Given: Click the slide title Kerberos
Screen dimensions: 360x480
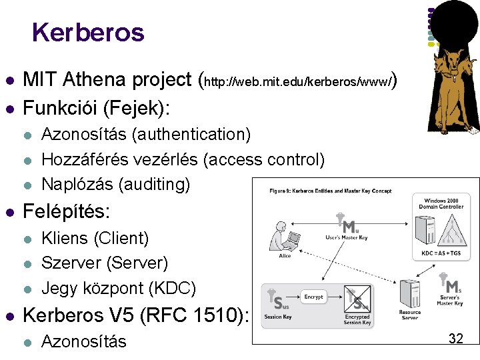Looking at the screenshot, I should coord(87,32).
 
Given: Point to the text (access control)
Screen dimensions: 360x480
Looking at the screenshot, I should coord(265,159).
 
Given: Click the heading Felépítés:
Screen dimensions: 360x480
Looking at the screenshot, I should coord(67,212).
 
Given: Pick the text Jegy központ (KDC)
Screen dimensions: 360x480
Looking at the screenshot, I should coord(119,288).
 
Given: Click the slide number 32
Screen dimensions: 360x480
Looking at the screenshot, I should coord(456,338).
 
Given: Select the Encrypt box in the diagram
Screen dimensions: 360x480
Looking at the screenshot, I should coord(313,297).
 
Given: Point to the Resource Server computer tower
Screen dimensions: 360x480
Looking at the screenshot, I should coord(408,295).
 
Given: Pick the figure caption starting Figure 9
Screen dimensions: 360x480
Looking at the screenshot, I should coord(330,191).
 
